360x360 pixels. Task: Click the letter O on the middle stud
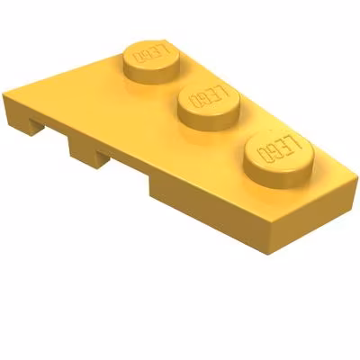(x=194, y=101)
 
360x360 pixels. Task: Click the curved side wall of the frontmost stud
(x=277, y=179)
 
